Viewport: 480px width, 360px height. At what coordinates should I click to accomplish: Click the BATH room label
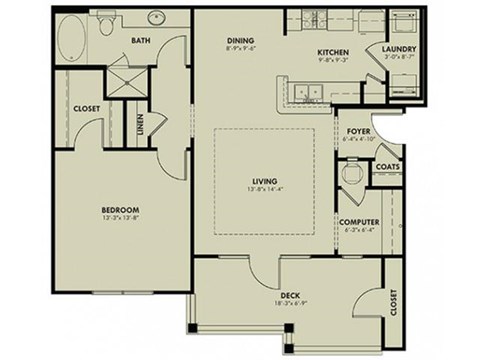(142, 41)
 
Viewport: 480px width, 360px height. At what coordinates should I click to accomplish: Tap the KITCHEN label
(332, 51)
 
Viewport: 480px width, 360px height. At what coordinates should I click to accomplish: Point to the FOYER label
(359, 131)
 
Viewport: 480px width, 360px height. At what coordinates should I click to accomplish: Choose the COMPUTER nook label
(357, 221)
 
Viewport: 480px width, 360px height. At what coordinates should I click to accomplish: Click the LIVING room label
(263, 181)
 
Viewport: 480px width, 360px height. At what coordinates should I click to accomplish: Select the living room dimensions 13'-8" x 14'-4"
(263, 189)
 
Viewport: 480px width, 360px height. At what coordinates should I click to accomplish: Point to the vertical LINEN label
(139, 125)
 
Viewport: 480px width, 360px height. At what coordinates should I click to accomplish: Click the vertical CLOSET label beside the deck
(394, 301)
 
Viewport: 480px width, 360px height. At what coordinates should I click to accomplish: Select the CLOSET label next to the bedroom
(85, 108)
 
